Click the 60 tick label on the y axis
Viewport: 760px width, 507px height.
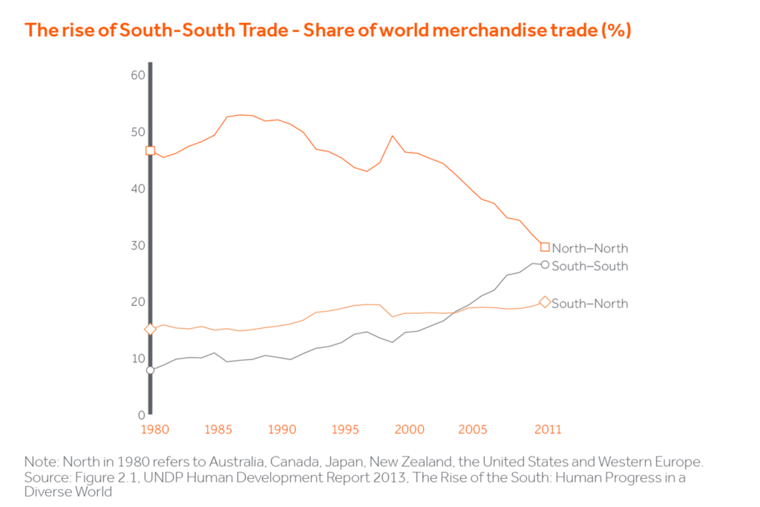tap(136, 75)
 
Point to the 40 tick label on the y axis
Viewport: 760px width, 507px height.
tap(136, 189)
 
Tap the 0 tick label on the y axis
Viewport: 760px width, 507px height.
tap(140, 415)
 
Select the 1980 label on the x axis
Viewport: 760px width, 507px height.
tap(151, 430)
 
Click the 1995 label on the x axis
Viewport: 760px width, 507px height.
tap(344, 430)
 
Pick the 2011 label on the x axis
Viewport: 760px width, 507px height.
tap(548, 430)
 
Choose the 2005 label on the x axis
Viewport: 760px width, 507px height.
tap(473, 430)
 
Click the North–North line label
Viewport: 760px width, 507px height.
tap(589, 249)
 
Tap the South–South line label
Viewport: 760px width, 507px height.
tap(589, 266)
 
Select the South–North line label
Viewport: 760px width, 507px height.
tap(589, 304)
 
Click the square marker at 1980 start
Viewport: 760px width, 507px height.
tap(150, 151)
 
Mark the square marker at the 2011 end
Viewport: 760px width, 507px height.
tap(545, 247)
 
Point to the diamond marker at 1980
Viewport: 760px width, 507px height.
tap(150, 329)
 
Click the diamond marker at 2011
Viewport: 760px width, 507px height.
tap(545, 302)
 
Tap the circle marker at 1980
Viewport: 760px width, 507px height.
tap(150, 370)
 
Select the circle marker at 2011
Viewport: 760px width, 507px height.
tap(545, 265)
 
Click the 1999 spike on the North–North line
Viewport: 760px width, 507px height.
tap(393, 136)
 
